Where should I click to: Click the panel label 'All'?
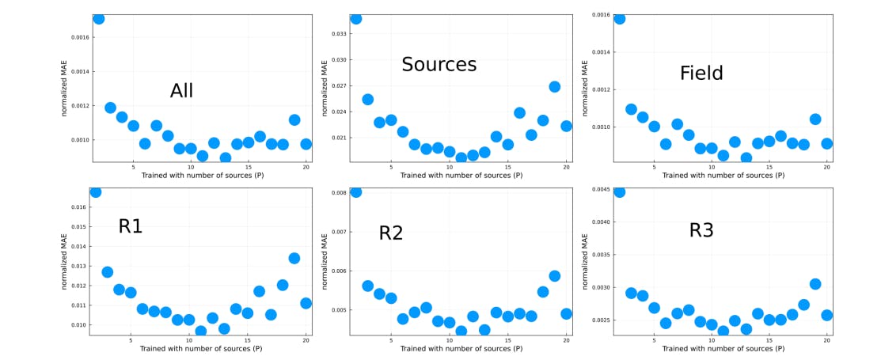coord(181,91)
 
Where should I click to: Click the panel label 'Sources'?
coord(439,64)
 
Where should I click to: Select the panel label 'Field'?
coord(701,74)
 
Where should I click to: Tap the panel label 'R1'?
coord(131,226)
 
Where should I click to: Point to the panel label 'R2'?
coord(391,233)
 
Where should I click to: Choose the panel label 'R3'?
coord(701,230)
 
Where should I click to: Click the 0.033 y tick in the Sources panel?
coord(338,34)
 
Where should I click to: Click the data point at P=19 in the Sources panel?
coord(555,87)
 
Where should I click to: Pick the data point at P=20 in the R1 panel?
coord(306,303)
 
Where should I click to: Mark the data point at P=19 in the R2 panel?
coord(555,276)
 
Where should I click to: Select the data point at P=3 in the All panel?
coord(110,108)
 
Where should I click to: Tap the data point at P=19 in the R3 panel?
coord(815,284)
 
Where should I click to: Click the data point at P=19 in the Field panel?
coord(815,119)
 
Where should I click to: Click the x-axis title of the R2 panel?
coord(463,349)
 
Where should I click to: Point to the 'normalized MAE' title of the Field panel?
coord(585,87)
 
